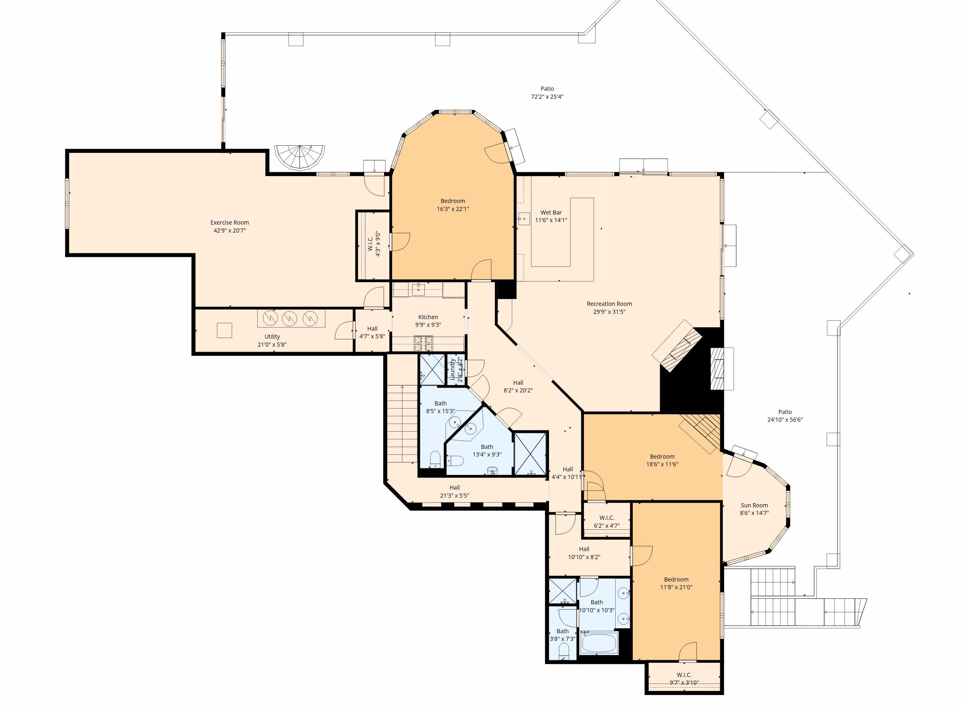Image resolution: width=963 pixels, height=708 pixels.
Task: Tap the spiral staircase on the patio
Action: [300, 158]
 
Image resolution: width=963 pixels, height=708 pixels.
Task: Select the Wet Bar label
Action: [551, 212]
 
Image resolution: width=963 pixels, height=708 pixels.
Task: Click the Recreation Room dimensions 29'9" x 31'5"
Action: [609, 311]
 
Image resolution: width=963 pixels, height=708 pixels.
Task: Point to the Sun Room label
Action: [754, 505]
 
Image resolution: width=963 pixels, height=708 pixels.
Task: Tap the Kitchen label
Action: [428, 317]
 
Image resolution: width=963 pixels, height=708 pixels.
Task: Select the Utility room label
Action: [272, 337]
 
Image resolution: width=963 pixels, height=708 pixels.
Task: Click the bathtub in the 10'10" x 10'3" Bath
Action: [599, 643]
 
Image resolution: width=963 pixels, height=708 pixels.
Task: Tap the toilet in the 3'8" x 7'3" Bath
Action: [564, 654]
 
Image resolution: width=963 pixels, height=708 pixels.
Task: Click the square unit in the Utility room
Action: [225, 330]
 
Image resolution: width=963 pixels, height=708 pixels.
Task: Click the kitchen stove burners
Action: [423, 343]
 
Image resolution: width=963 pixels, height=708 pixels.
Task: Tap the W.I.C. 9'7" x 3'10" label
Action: [684, 679]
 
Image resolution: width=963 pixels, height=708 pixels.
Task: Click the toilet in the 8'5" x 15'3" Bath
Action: [435, 459]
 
